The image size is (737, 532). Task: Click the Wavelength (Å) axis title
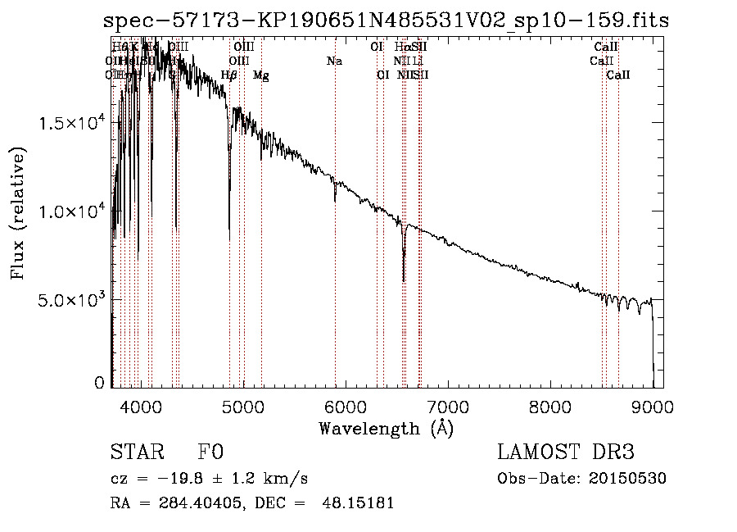pos(386,428)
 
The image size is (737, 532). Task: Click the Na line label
pos(334,61)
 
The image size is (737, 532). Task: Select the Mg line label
pos(260,75)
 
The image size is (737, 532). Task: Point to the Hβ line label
pos(229,75)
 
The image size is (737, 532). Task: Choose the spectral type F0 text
pos(210,453)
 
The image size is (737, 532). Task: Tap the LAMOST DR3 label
pos(566,453)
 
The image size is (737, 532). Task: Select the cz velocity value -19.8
pos(186,479)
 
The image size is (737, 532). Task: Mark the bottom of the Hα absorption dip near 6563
pos(404,280)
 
